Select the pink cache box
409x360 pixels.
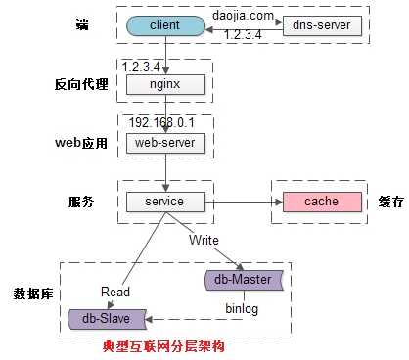[321, 202]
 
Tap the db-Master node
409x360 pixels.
[242, 280]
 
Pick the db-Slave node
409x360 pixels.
[107, 317]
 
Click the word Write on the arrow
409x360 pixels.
[204, 240]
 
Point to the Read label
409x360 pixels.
[116, 291]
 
